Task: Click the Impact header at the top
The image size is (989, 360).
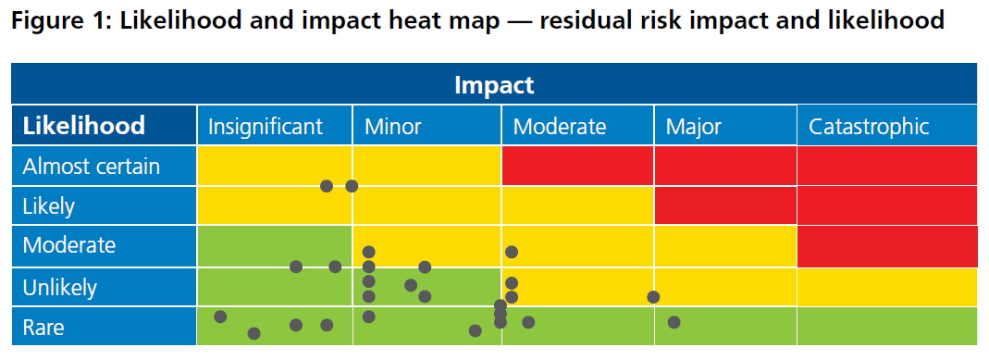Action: (494, 85)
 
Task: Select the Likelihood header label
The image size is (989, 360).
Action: (83, 126)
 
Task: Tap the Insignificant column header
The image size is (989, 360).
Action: (265, 127)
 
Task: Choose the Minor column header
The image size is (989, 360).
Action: (392, 127)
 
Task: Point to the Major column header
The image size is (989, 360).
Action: (693, 127)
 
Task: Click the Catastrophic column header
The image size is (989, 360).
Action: (869, 127)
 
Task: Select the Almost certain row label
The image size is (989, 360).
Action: (91, 167)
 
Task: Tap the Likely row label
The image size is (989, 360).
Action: (48, 206)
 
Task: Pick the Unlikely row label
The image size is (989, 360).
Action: (59, 288)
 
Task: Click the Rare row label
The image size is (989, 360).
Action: (43, 328)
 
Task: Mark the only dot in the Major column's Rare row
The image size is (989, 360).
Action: (674, 322)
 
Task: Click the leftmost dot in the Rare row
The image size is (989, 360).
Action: (220, 317)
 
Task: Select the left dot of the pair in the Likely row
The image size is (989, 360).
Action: (327, 186)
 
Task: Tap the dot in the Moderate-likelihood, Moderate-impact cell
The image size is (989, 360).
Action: (512, 252)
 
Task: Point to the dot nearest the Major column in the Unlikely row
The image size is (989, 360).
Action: (653, 297)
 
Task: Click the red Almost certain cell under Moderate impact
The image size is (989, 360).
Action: (577, 166)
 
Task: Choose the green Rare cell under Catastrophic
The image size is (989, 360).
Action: (886, 326)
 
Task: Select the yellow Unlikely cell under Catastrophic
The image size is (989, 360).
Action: (886, 287)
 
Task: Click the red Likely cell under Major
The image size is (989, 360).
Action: (725, 205)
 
